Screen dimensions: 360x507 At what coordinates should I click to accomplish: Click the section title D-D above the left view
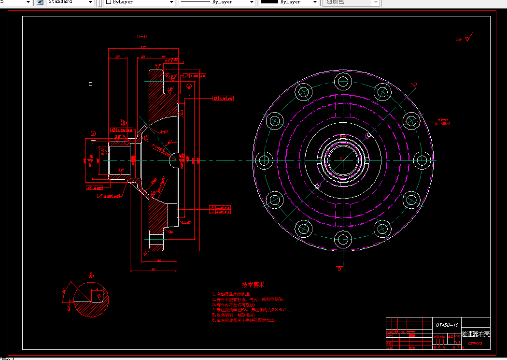point(142,36)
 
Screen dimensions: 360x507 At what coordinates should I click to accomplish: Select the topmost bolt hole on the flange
point(344,81)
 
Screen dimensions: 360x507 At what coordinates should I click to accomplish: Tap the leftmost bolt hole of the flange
point(264,160)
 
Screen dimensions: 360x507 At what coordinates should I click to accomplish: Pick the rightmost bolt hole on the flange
point(422,160)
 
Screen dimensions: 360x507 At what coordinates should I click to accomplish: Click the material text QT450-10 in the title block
point(447,325)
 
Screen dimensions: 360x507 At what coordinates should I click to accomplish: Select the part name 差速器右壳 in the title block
point(476,334)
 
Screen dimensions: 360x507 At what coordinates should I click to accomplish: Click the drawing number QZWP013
point(475,344)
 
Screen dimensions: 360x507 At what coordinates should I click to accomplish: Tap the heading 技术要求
point(253,285)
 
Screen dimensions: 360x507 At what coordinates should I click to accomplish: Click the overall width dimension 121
point(143,47)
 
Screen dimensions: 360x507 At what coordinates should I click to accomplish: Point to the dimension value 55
point(118,57)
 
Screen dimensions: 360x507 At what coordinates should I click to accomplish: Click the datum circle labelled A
point(93,133)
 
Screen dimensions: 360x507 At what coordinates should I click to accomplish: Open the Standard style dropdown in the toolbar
point(70,2)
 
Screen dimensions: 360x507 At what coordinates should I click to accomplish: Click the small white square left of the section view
point(90,84)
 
